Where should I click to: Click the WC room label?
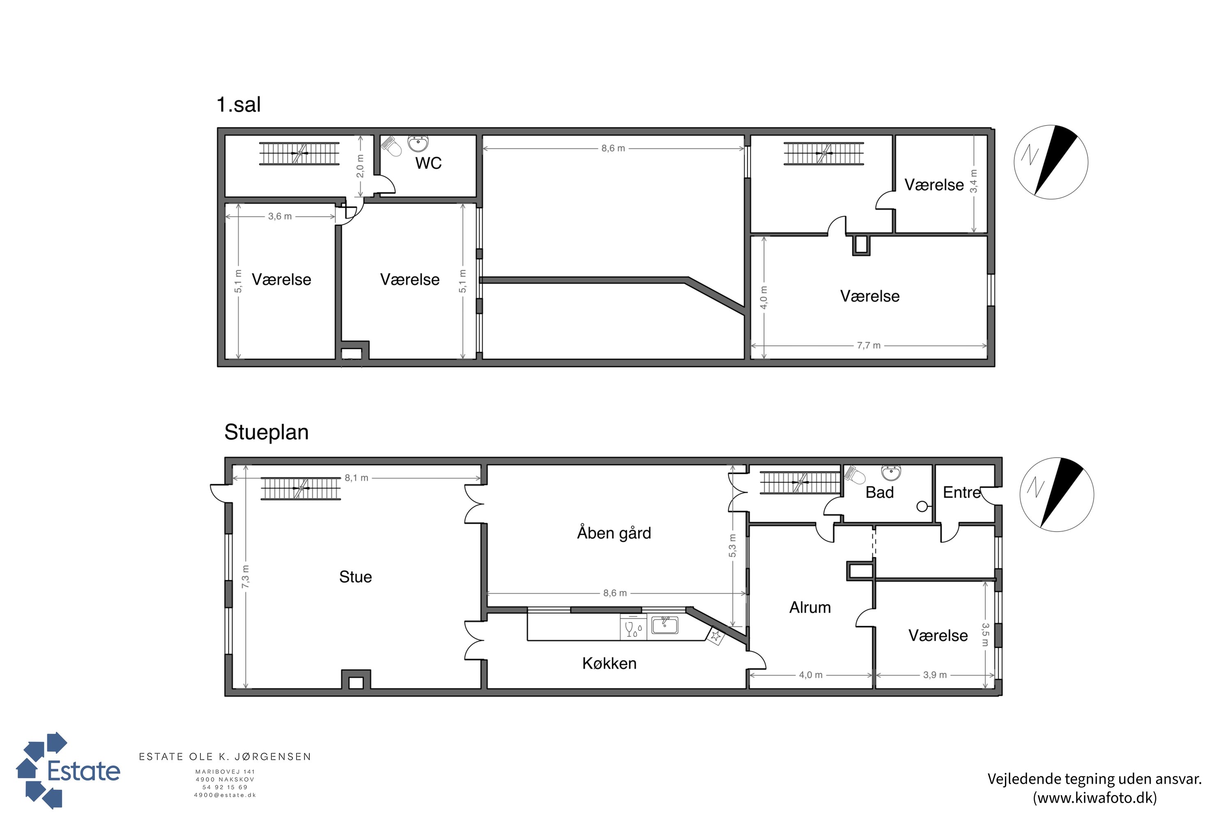click(x=428, y=163)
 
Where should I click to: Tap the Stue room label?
click(x=355, y=577)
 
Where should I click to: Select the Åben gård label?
click(x=614, y=533)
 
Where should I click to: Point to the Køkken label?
click(x=609, y=663)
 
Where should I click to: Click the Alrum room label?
click(x=810, y=607)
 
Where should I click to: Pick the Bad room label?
click(x=880, y=492)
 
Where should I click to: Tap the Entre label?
click(x=962, y=492)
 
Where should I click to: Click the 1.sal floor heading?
click(x=239, y=105)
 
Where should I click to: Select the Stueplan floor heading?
click(x=267, y=432)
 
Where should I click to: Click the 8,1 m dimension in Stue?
click(x=356, y=478)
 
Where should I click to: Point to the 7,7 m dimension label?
click(x=869, y=346)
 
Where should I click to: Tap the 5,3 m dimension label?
click(x=732, y=546)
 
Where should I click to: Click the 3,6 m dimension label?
click(x=280, y=217)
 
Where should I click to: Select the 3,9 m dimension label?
click(x=935, y=675)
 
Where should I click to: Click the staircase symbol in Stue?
click(x=301, y=488)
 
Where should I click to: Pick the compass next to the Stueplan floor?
click(x=1057, y=494)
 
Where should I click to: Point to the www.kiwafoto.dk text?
click(x=1095, y=798)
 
